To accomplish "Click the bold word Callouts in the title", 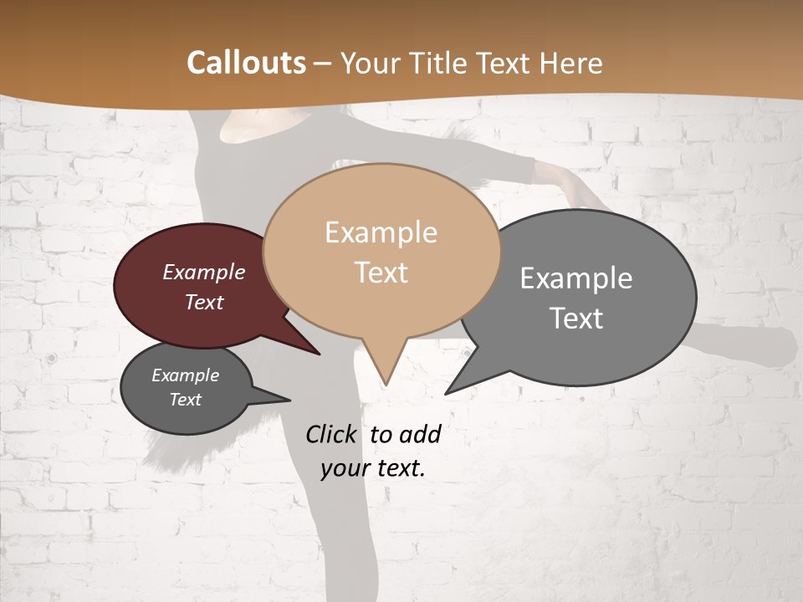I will pos(246,63).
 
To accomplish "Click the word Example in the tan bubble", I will pos(381,232).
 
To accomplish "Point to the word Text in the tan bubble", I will pos(381,273).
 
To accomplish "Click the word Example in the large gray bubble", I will pos(576,278).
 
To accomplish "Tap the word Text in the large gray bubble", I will pos(577,319).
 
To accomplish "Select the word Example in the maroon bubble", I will pos(204,273).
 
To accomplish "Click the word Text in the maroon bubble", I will pos(204,302).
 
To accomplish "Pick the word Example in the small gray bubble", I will pos(185,375).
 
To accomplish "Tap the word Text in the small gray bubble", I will pos(186,400).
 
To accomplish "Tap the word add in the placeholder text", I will pos(420,434).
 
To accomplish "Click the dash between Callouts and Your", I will pos(324,64).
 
